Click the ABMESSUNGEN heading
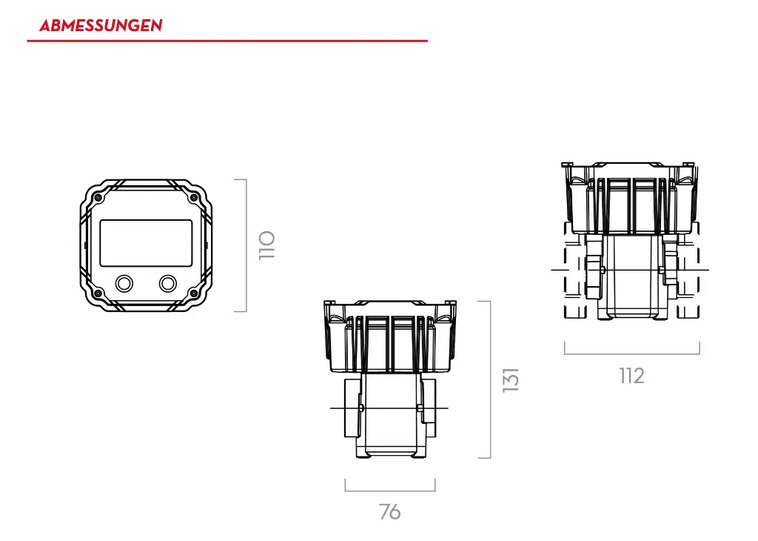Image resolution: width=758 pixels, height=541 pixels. [101, 25]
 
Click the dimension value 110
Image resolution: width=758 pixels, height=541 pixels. [267, 245]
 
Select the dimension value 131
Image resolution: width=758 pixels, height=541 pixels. [511, 379]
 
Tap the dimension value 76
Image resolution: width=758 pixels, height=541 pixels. [390, 511]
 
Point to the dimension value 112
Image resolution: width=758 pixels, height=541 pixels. [631, 376]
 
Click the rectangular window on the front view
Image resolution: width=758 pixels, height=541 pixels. [146, 243]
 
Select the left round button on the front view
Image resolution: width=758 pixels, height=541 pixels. [124, 283]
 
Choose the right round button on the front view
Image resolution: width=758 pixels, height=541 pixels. [168, 283]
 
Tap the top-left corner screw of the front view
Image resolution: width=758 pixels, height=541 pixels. [97, 198]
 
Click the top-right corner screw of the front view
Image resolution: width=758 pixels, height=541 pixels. [194, 198]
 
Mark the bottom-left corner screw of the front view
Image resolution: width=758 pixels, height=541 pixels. [97, 293]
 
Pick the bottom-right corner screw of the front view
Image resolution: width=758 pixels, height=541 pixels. [194, 293]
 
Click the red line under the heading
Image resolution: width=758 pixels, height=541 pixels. [227, 41]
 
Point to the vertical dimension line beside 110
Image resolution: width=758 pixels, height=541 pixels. [246, 245]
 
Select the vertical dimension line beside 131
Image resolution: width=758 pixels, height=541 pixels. [490, 379]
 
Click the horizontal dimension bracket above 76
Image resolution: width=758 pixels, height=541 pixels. [390, 490]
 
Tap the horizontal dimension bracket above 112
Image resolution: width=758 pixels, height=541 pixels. [631, 354]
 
